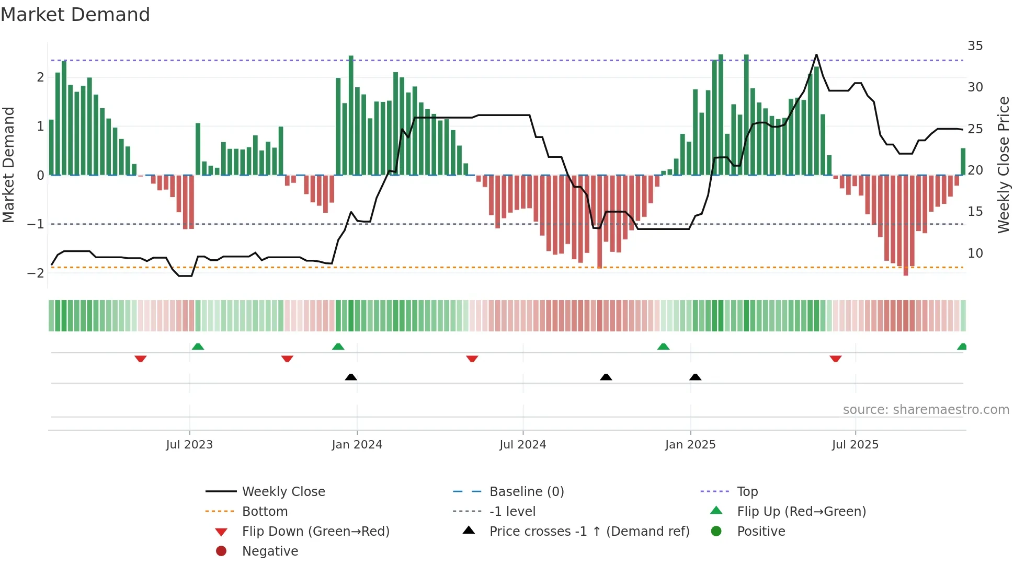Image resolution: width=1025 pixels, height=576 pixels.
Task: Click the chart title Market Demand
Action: point(75,15)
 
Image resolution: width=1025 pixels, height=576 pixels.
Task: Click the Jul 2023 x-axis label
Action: point(189,445)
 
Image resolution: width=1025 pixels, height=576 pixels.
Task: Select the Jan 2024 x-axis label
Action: point(357,445)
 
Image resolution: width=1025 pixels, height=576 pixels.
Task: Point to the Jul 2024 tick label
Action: point(522,445)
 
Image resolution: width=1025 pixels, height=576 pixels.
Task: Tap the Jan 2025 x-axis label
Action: point(690,445)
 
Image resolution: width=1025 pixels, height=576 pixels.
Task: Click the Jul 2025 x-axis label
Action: point(855,445)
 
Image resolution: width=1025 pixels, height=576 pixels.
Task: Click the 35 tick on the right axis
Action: point(975,46)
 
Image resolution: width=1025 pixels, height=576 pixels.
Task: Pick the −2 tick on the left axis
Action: point(36,273)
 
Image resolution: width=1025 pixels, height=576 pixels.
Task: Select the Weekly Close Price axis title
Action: point(1003,165)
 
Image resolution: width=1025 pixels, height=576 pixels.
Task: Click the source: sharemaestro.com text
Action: point(926,410)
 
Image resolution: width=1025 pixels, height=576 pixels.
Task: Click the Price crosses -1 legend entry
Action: point(589,532)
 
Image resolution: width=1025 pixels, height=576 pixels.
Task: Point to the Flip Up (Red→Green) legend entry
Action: point(801,512)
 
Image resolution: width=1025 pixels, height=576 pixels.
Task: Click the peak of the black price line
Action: point(816,55)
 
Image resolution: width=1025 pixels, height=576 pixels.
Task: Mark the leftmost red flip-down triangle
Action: point(140,359)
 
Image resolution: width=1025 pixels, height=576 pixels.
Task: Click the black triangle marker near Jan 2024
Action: point(351,377)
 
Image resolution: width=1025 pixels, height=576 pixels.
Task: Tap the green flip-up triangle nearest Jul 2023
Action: point(198,347)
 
